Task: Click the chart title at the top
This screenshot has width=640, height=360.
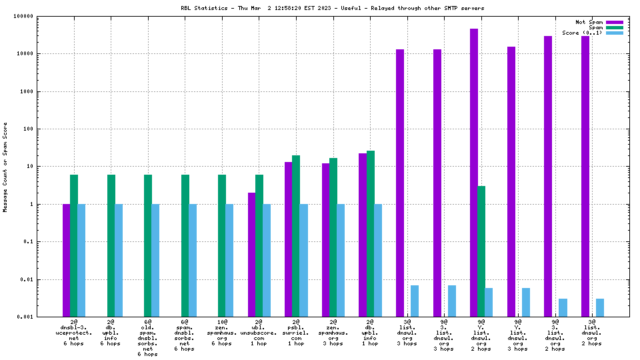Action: tap(332, 8)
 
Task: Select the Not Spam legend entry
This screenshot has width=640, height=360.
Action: tap(589, 22)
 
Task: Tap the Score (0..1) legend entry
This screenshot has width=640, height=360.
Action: tap(582, 33)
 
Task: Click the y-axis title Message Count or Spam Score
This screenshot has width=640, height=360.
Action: tap(5, 167)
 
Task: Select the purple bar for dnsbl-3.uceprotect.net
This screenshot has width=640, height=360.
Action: tap(67, 260)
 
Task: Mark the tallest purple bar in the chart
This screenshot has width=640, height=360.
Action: tap(474, 173)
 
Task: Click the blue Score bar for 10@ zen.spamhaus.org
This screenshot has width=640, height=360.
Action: tap(229, 260)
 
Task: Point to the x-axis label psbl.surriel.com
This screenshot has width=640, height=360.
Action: tap(296, 333)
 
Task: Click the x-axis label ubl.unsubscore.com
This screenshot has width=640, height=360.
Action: tap(259, 333)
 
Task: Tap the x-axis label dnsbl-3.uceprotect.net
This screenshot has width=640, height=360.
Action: tap(74, 333)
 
